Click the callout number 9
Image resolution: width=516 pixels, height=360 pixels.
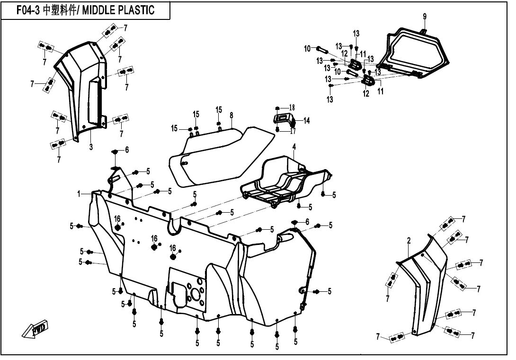(425, 17)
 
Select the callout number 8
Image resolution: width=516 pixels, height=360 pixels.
(231, 115)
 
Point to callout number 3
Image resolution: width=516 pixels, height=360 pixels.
(91, 147)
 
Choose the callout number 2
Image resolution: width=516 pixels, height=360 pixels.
(408, 241)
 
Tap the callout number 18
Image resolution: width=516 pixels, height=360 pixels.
(292, 108)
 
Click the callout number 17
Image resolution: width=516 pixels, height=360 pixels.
(293, 131)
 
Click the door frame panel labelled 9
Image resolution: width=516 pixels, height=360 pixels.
(417, 52)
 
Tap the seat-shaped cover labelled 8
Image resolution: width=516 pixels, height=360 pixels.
(222, 154)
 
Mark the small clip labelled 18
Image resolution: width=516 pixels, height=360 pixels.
(278, 108)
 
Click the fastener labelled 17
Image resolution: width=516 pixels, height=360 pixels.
(277, 128)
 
